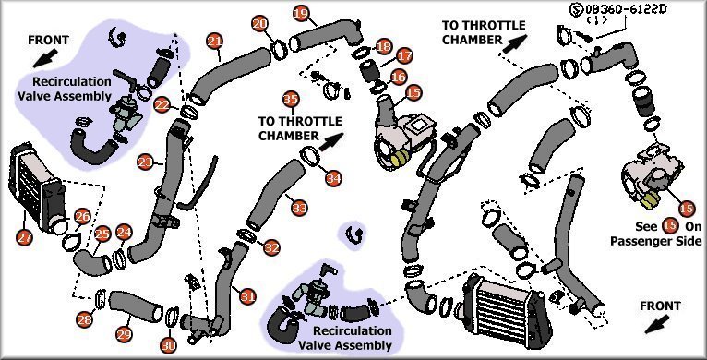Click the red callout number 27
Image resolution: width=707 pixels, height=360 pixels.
coord(24,237)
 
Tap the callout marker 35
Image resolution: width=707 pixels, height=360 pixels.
coord(291,99)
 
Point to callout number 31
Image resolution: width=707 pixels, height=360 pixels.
coord(247,297)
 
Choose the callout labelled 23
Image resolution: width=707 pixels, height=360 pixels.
coord(146,162)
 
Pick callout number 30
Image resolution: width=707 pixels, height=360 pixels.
coord(168,345)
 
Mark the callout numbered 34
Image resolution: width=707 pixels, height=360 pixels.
coord(333,179)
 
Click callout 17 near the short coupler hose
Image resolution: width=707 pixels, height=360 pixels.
coord(404,56)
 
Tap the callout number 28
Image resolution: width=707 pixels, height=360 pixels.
coord(85,319)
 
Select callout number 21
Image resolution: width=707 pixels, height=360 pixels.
coord(216,41)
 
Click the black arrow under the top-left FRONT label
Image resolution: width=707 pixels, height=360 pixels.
coord(45,58)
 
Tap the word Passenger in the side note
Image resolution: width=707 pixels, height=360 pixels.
coord(640,241)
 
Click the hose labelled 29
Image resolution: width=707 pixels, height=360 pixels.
coord(136,306)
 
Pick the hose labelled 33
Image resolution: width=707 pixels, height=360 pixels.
coord(276,195)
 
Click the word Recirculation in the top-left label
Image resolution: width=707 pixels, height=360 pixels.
coord(72,81)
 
